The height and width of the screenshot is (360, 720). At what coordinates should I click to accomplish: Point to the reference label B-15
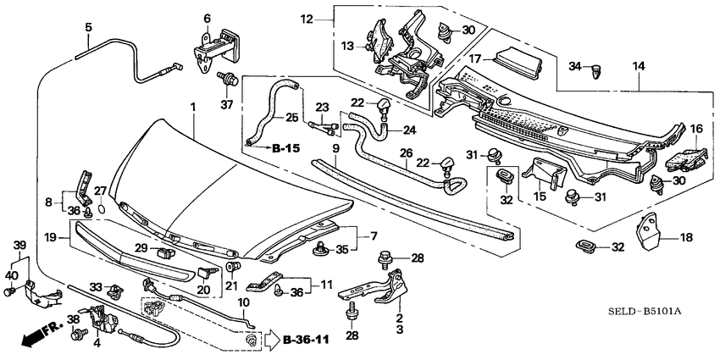click(287, 147)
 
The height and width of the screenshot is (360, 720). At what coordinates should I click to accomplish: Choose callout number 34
click(574, 65)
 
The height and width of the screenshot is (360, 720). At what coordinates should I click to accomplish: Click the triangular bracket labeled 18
click(651, 234)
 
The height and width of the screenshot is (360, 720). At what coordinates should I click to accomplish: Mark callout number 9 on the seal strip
click(335, 148)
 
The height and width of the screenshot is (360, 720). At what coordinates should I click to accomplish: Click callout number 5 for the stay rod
click(88, 27)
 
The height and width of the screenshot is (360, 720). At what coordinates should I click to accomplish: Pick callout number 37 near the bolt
click(225, 105)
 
